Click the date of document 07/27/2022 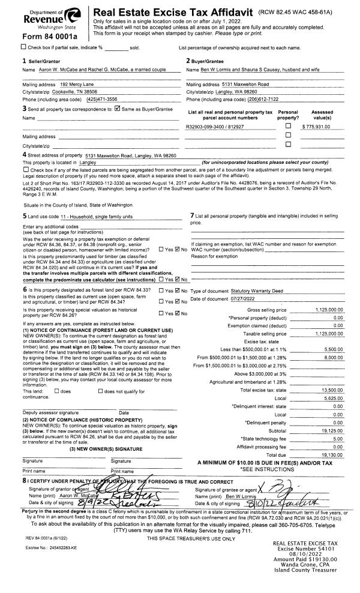pos(247,298)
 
